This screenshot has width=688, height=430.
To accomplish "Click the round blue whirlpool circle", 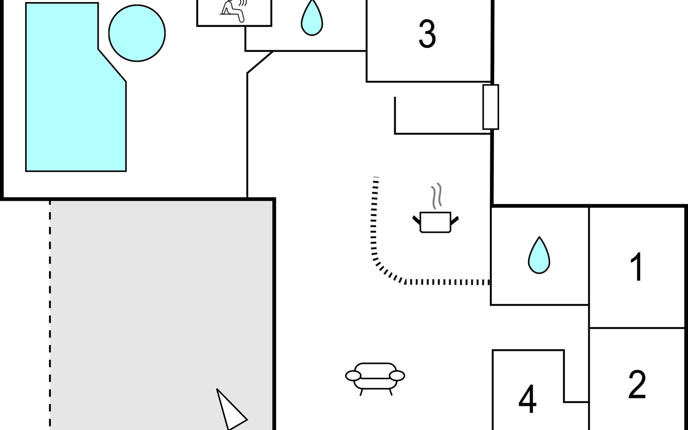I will coord(137,33).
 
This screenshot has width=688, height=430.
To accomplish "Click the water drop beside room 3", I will coord(312,18).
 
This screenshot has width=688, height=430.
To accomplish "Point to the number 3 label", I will coord(427,34).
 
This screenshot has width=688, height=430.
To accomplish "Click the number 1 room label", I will coord(637,267).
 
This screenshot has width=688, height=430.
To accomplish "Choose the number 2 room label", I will coord(637,384).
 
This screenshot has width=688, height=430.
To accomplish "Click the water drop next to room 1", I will coord(539,255).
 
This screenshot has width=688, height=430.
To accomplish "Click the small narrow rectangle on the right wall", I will coord(491,107).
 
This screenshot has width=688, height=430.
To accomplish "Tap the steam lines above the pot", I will coord(436,196).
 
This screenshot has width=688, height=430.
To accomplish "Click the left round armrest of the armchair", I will coord(353,376).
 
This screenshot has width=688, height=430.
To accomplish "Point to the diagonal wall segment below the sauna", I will coord(260,62).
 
